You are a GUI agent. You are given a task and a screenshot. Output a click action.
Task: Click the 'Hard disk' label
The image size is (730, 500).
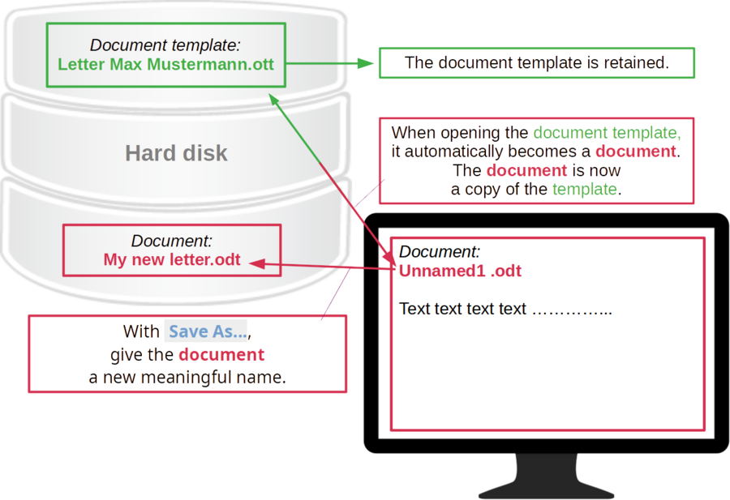pyautogui.click(x=176, y=152)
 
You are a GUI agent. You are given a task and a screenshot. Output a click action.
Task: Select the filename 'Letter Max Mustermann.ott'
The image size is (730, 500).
pyautogui.click(x=165, y=64)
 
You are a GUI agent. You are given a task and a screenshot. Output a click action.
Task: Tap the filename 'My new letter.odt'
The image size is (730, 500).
pyautogui.click(x=172, y=260)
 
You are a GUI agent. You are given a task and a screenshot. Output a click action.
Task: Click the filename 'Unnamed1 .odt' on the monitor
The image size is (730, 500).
pyautogui.click(x=460, y=271)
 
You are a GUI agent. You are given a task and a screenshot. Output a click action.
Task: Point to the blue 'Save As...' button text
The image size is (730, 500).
pyautogui.click(x=207, y=331)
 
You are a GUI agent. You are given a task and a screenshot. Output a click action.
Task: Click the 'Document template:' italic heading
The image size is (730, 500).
pyautogui.click(x=165, y=45)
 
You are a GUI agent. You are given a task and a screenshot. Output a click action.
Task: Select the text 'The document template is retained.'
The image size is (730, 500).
pyautogui.click(x=536, y=63)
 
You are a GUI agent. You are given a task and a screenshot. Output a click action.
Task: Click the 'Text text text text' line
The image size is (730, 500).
pyautogui.click(x=462, y=309)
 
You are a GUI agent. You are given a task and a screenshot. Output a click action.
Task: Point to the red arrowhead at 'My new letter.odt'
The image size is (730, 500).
pyautogui.click(x=254, y=262)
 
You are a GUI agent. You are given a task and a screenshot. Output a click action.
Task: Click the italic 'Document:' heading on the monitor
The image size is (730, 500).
pyautogui.click(x=440, y=251)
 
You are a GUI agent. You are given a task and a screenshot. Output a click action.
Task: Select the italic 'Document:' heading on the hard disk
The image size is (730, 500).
pyautogui.click(x=172, y=241)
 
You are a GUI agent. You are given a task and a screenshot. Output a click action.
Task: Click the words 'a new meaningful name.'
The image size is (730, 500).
pyautogui.click(x=187, y=377)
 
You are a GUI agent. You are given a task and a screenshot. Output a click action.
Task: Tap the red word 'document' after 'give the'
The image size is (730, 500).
pyautogui.click(x=221, y=355)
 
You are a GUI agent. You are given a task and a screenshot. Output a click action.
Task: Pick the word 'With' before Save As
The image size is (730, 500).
pyautogui.click(x=139, y=331)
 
